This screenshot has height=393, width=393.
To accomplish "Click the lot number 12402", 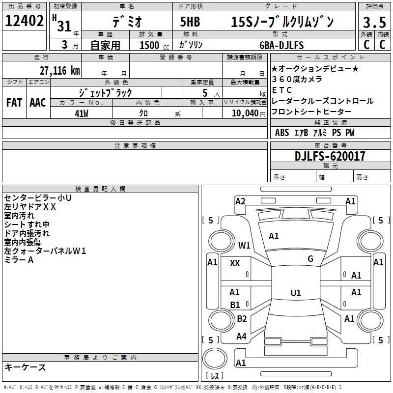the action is coord(24,21).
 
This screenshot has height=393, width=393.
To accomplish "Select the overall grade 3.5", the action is coord(374,22).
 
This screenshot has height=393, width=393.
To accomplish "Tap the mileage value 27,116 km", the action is coord(59,71).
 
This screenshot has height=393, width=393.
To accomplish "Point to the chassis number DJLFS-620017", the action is coord(330,156).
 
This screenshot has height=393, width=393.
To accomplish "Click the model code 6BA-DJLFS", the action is coord(281,45).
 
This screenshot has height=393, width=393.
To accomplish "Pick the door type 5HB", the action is coord(190,22).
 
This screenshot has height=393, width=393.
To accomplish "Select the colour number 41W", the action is coord(82,113).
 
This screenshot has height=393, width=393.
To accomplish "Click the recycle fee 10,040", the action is coord(245,113).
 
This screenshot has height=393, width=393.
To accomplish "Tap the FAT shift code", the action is coord(14,103).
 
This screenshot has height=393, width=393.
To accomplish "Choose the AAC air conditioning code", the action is coord(38,103).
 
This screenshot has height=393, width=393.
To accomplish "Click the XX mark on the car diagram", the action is coord(235,263).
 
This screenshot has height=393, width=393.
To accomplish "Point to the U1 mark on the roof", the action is coord(296,293).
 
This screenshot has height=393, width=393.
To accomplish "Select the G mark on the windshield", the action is coord(310,259).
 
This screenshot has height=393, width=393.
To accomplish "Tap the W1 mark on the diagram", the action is coord(244,245).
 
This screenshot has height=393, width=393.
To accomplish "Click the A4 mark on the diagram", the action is coord(241,337).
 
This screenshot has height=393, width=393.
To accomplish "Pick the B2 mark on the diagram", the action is coord(242,318).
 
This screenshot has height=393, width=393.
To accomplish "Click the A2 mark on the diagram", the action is coord(240,201).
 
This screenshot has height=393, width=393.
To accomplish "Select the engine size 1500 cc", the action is coord(154,45).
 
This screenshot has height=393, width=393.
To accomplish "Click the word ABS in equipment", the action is coord(282,133).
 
